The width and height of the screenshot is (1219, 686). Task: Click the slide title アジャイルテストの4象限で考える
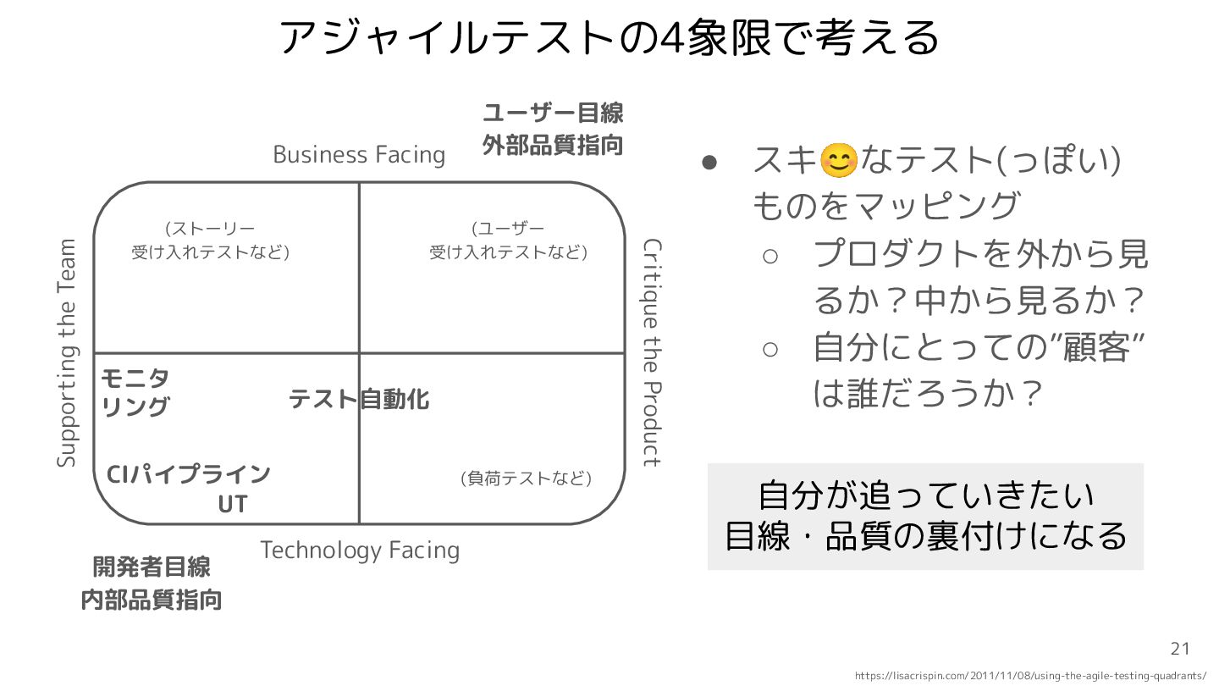(x=609, y=37)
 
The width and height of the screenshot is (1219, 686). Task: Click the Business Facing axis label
(x=359, y=155)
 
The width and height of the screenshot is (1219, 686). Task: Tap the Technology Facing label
(x=360, y=550)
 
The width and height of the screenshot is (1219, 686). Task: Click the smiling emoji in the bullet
(x=838, y=161)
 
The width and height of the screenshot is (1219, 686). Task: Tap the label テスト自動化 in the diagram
(x=359, y=399)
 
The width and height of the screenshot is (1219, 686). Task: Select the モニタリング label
(x=135, y=392)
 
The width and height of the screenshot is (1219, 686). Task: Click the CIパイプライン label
(x=189, y=474)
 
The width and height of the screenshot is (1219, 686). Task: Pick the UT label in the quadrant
(x=233, y=505)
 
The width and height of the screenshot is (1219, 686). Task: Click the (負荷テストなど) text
(x=526, y=479)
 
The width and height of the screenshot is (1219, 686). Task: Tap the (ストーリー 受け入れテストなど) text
(x=210, y=241)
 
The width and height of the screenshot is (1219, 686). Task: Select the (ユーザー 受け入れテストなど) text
(x=508, y=241)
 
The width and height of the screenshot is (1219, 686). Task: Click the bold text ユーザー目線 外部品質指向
(x=553, y=129)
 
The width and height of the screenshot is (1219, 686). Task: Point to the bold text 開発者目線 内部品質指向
(x=152, y=584)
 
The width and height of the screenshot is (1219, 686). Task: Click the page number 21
(x=1180, y=650)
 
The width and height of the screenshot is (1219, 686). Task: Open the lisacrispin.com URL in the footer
(x=1030, y=676)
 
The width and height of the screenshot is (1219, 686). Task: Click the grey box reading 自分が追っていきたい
(x=925, y=516)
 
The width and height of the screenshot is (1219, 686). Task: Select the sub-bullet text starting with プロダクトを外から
(x=979, y=276)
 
